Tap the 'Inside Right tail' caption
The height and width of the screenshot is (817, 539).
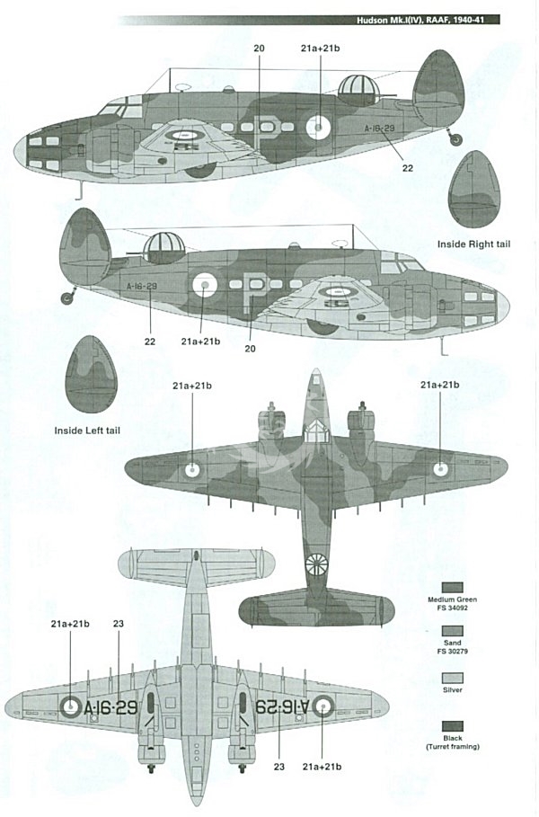pyautogui.click(x=473, y=244)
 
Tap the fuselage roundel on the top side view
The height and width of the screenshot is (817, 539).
pyautogui.click(x=320, y=129)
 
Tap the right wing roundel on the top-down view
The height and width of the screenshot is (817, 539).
pyautogui.click(x=440, y=467)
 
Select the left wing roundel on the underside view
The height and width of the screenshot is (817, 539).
pyautogui.click(x=71, y=707)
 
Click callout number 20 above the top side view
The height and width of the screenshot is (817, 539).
pyautogui.click(x=259, y=47)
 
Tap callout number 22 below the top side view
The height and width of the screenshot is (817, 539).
pyautogui.click(x=407, y=167)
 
